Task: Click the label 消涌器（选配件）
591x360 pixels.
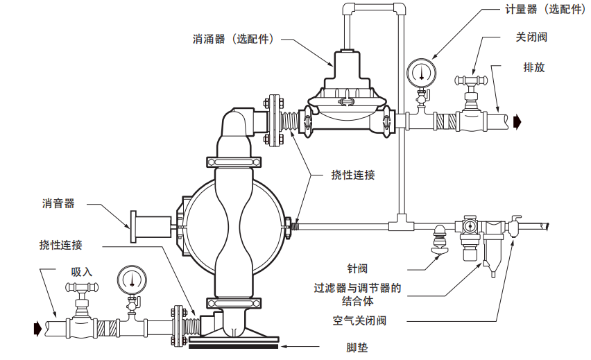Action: [232, 39]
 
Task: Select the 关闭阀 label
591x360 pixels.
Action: [531, 37]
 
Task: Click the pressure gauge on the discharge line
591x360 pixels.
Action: [420, 71]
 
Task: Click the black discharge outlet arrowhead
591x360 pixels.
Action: [517, 122]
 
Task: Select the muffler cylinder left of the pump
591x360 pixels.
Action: [151, 228]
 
